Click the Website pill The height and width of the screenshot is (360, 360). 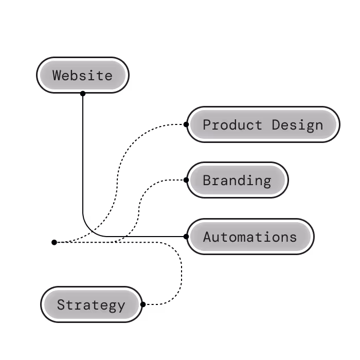[x=82, y=76]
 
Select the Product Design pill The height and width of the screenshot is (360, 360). [x=263, y=124]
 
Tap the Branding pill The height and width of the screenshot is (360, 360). [x=237, y=181]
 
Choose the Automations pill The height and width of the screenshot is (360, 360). [x=250, y=237]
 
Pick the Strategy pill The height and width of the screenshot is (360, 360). [x=91, y=305]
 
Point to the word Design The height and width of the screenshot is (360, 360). [x=298, y=124]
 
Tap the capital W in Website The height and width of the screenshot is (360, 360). [x=57, y=76]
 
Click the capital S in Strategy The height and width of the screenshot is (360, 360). [x=61, y=305]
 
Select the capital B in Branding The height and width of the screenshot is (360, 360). [x=207, y=181]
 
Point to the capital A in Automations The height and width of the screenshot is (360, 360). [x=207, y=237]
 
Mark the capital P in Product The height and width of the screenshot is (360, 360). [x=207, y=124]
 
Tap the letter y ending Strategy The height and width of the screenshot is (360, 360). [x=121, y=306]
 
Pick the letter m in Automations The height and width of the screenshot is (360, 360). [x=241, y=238]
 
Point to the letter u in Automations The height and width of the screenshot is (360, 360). [x=215, y=238]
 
